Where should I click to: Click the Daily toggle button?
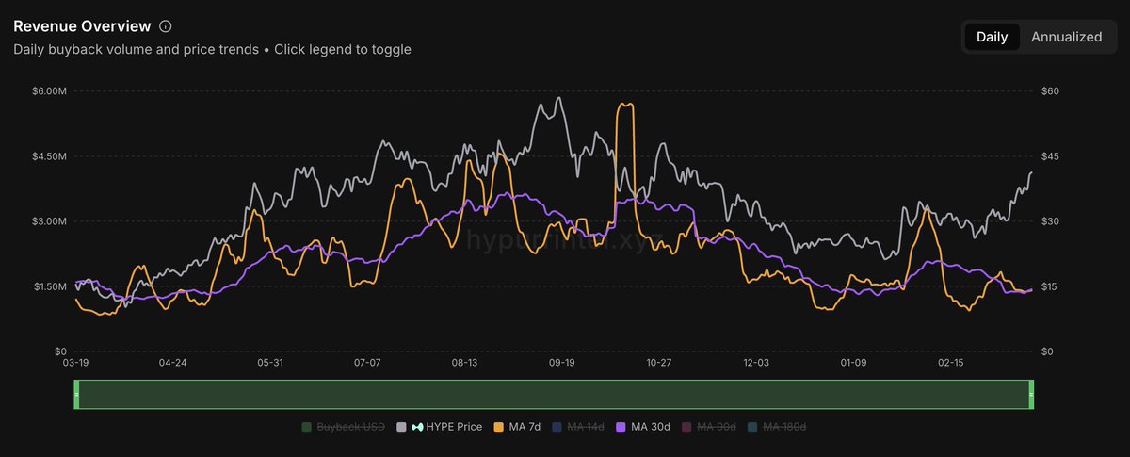tap(992, 37)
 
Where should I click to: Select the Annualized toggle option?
tap(1066, 37)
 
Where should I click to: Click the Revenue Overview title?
tap(82, 26)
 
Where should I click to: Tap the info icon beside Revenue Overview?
tap(166, 26)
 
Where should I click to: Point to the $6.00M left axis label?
tap(49, 91)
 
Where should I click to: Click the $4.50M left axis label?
tap(49, 156)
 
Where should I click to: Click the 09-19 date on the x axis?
tap(561, 362)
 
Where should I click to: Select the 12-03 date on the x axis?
tap(757, 362)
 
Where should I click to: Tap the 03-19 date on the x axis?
tap(75, 362)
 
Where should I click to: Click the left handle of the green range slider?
tap(76, 395)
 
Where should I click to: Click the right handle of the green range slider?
tap(1031, 395)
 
